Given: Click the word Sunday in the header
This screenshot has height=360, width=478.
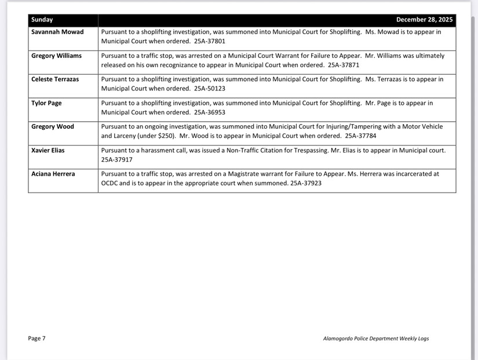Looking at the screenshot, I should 42,20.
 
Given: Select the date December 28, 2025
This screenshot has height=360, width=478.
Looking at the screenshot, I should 424,20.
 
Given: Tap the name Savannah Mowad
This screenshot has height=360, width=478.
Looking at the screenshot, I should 57,32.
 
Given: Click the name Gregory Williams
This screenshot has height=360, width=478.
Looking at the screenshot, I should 56,56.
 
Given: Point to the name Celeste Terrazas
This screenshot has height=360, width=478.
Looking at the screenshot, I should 54,79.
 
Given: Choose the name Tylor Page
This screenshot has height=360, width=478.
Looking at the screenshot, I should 46,103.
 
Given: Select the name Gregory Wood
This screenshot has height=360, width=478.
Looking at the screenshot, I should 52,126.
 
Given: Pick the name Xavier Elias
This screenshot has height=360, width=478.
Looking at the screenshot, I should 48,150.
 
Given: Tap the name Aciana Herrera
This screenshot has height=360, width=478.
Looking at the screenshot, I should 53,174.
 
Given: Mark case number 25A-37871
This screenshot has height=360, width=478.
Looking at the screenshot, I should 344,65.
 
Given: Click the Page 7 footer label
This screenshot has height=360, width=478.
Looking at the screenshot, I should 37,339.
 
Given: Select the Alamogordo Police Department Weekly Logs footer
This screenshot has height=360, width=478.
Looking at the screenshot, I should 375,339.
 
